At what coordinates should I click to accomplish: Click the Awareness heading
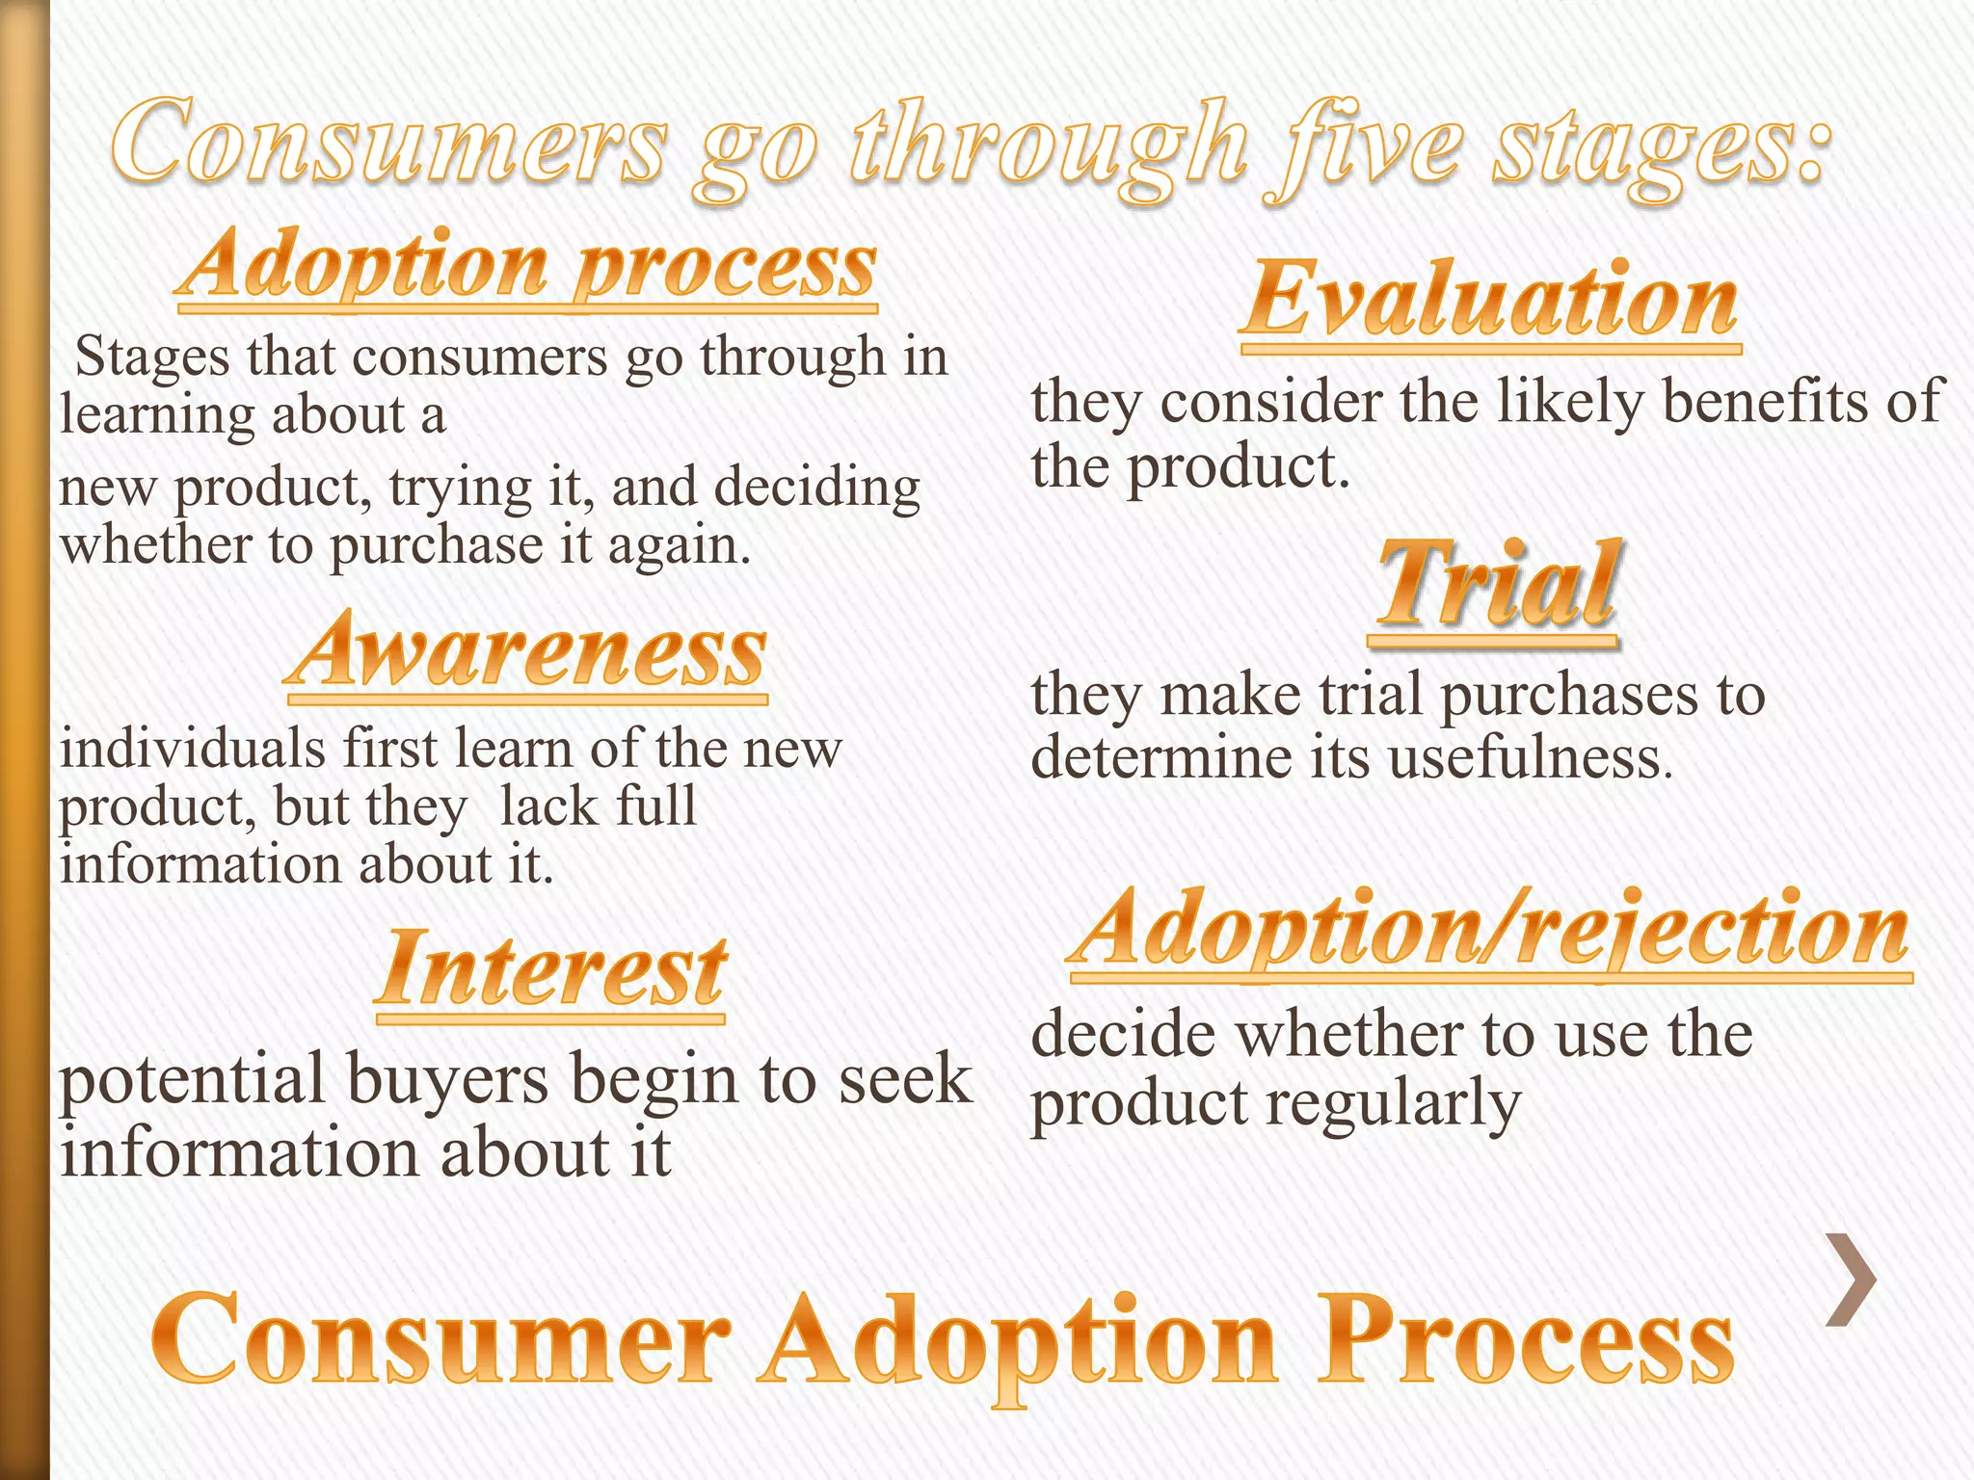click(x=527, y=653)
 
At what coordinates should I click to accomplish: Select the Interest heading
click(x=551, y=971)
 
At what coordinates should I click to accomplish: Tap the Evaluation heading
click(x=1490, y=301)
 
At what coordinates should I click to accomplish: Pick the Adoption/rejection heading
click(x=1490, y=930)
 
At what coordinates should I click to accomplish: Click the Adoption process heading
click(x=527, y=265)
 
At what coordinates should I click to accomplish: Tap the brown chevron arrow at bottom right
click(x=1851, y=1280)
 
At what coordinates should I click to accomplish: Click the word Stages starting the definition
click(x=152, y=357)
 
